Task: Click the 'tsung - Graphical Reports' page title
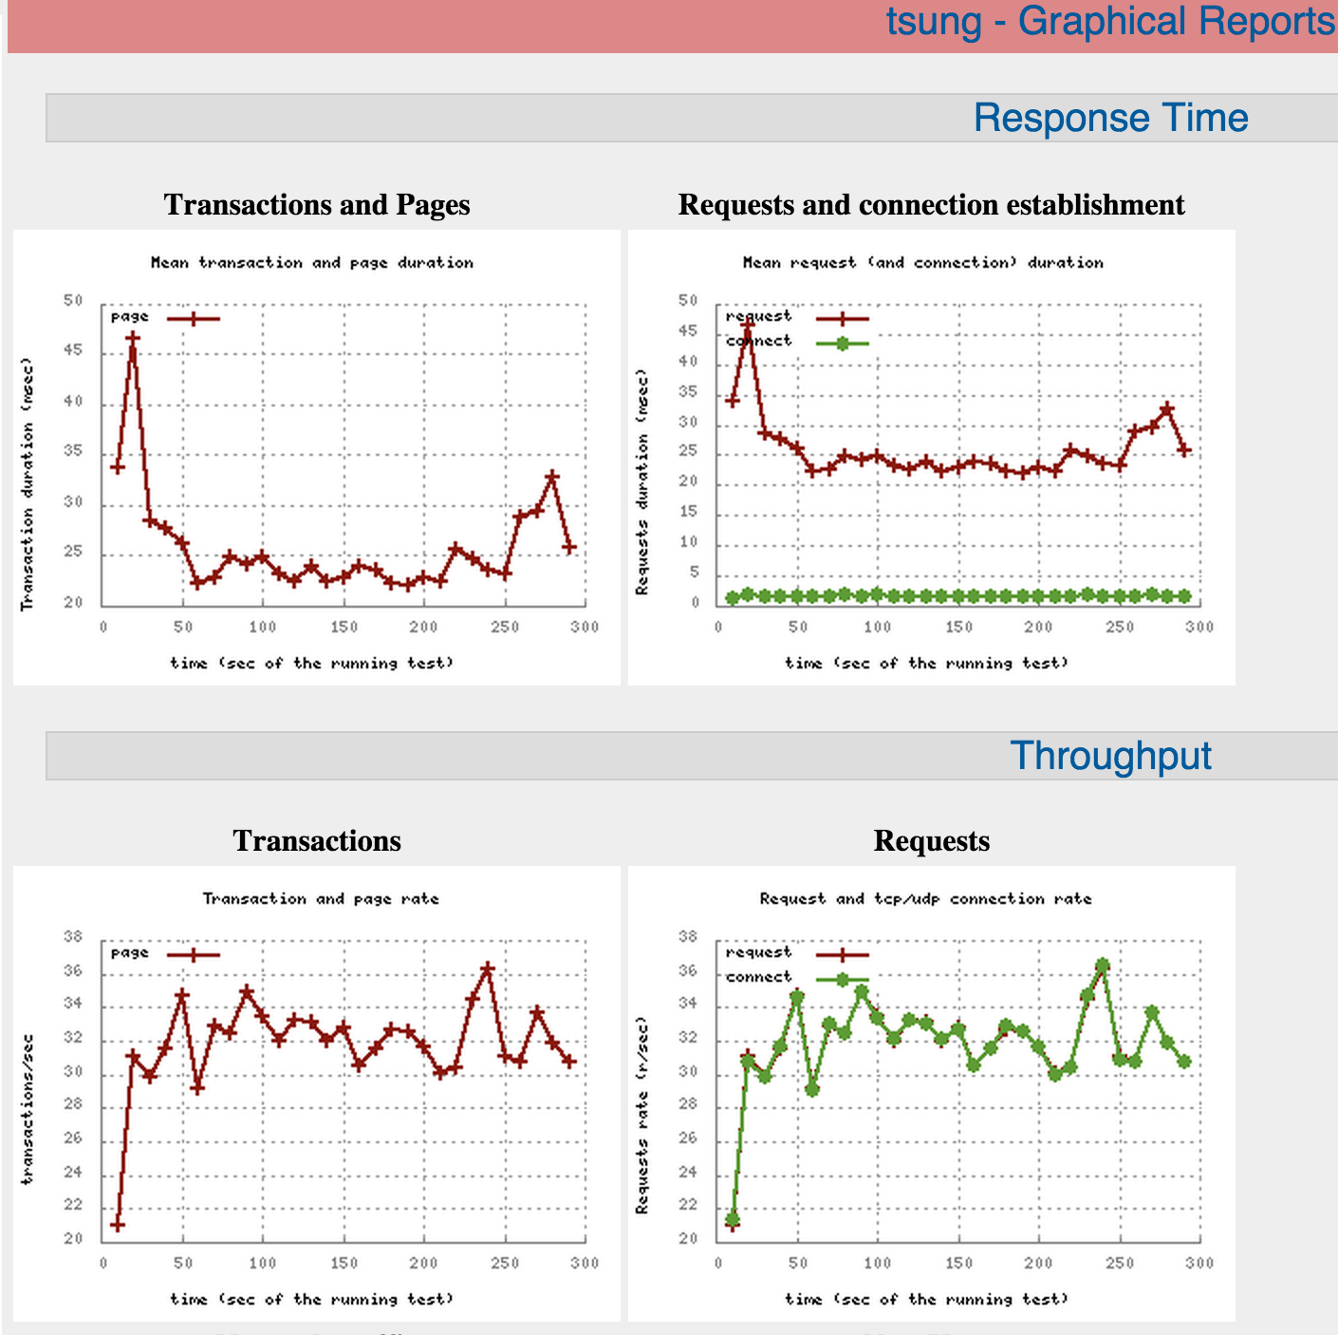point(1109,22)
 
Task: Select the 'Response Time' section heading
point(1110,119)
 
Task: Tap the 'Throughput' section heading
point(1110,757)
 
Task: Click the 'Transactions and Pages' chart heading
point(317,205)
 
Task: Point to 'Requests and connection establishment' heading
point(931,205)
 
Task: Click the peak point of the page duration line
point(133,338)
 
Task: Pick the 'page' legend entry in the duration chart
point(164,318)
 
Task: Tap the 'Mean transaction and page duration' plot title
point(311,263)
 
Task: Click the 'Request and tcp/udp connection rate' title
point(925,899)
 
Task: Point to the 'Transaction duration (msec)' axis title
point(27,484)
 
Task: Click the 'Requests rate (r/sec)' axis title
point(642,1116)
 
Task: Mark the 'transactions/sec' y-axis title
point(27,1109)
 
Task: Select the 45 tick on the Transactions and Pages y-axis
point(73,351)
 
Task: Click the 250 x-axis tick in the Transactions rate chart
point(505,1263)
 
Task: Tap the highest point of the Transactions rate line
point(488,968)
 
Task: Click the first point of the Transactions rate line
point(117,1225)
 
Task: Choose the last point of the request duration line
point(1183,450)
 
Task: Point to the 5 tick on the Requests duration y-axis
point(695,573)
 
